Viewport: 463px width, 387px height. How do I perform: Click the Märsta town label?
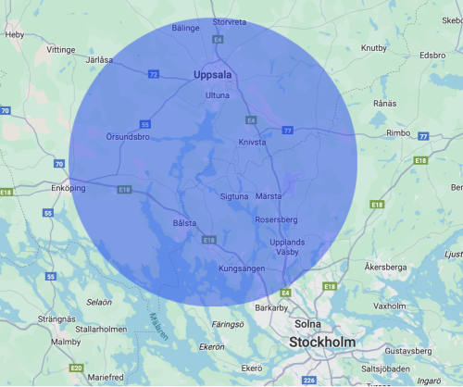point(269,196)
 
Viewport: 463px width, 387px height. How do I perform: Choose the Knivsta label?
point(251,143)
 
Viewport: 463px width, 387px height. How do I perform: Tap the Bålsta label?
point(186,223)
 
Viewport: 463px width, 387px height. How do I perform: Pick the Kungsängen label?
point(242,268)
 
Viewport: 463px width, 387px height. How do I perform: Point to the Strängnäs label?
point(56,318)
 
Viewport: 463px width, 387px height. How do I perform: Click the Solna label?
point(307,324)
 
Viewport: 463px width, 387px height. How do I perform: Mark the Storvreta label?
point(229,21)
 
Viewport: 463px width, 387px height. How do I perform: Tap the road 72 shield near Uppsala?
point(153,73)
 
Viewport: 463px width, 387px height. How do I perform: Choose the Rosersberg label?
point(277,219)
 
